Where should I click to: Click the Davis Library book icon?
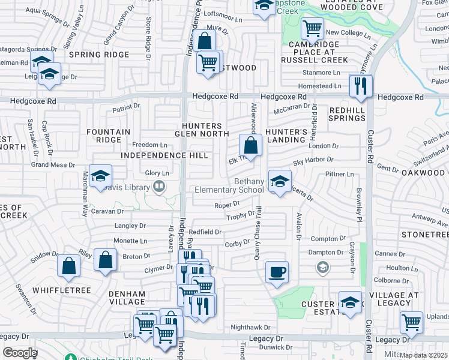click(159, 186)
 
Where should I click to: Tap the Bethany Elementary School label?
click(229, 186)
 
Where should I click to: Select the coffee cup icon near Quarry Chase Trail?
click(277, 272)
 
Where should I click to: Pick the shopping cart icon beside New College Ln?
click(312, 28)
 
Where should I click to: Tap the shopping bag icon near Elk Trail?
click(250, 145)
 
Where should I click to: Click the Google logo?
click(19, 353)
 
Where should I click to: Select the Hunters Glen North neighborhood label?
click(202, 130)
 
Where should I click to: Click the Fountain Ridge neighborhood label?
click(108, 136)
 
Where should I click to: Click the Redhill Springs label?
click(347, 114)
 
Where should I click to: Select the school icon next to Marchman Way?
click(101, 175)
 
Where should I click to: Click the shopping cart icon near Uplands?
click(411, 322)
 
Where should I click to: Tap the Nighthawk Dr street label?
click(251, 328)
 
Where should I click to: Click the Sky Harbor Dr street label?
click(313, 160)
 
